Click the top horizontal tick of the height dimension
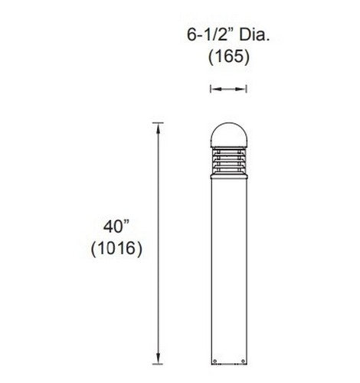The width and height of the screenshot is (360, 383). pos(159,122)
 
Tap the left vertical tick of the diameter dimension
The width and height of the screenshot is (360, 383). pos(210,90)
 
